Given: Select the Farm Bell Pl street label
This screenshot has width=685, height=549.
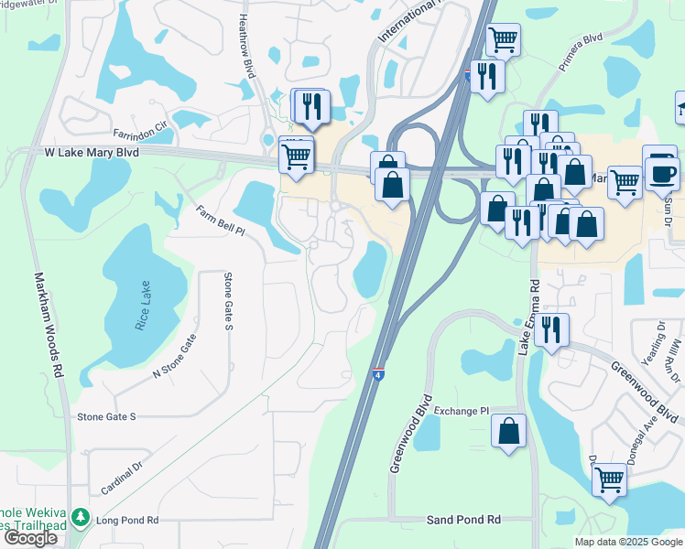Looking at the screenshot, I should point(220,221).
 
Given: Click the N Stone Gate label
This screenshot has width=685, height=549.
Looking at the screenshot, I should point(175,357).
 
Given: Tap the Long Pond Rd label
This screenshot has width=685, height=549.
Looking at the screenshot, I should point(127,520).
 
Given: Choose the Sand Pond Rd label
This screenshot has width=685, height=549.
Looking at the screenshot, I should point(463,520).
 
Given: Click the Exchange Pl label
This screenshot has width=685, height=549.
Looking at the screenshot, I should point(462,412).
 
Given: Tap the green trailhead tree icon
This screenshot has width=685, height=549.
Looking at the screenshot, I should point(82,519).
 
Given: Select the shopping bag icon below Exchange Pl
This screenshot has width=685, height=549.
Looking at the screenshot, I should point(508,430).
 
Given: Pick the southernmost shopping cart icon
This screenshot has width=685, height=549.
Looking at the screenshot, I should point(609,478).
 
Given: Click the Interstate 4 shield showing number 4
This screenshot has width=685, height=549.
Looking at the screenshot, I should point(377,372).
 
